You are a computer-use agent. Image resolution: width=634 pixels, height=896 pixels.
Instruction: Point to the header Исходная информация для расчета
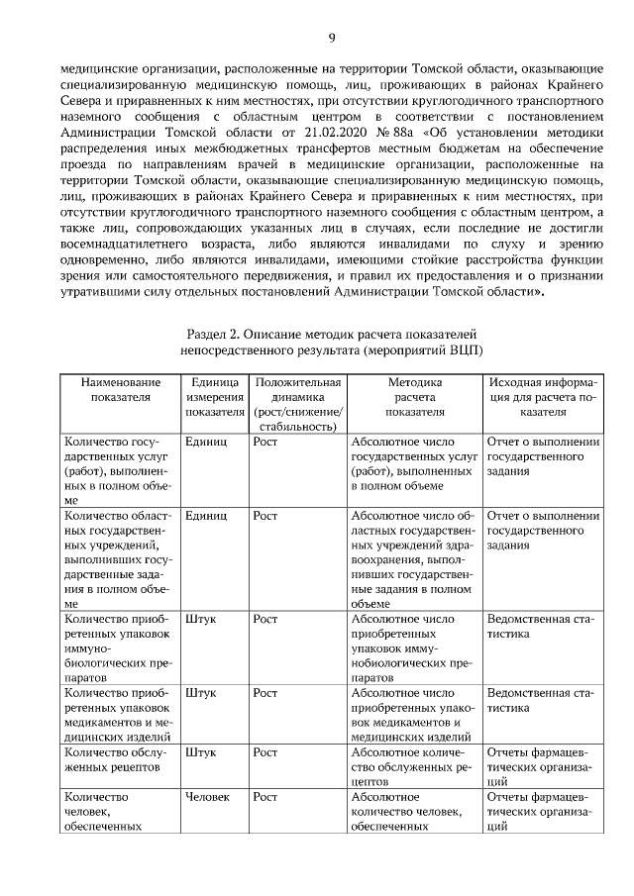coord(543,398)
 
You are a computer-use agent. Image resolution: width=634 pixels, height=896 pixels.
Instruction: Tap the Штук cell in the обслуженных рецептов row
coord(201,751)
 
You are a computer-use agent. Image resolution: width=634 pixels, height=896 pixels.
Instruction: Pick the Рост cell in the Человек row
coord(264,796)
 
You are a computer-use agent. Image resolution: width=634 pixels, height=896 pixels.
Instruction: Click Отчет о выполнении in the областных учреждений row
coord(543,516)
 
